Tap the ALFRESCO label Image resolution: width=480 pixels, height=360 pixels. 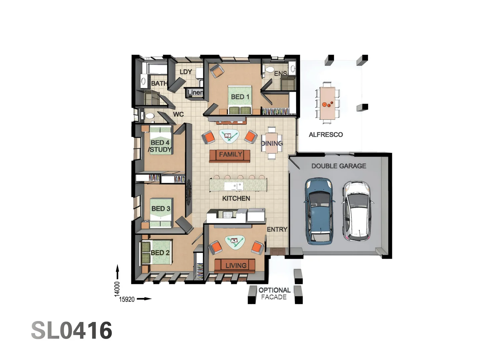(326, 135)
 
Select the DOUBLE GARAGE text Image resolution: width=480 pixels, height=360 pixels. (339, 166)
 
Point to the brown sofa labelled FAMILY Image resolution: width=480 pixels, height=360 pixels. (230, 155)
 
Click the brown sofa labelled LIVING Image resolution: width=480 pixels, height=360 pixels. (235, 266)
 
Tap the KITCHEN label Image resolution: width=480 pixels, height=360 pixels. (236, 198)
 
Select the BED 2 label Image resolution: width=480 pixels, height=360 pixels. (160, 253)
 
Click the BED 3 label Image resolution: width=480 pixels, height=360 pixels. (161, 209)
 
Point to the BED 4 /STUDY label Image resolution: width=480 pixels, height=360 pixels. (160, 146)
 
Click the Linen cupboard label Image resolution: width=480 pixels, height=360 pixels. (195, 92)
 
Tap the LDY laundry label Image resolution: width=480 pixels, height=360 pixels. (186, 72)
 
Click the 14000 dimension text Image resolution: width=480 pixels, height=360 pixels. (117, 289)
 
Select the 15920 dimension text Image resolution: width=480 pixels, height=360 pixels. (127, 299)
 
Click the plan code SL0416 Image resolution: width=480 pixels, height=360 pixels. (72, 331)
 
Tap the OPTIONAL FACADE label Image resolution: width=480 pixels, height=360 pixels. (274, 294)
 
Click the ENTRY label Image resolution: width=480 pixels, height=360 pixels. (277, 229)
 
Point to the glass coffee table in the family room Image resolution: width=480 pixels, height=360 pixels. (229, 136)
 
